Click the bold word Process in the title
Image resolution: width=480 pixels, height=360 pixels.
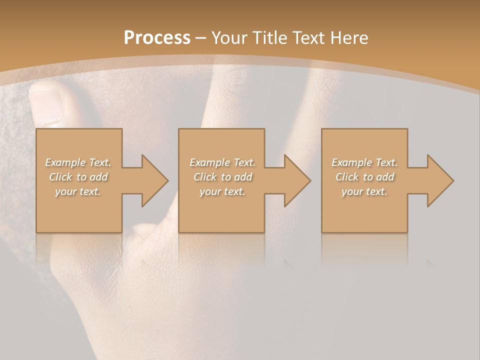[157, 38]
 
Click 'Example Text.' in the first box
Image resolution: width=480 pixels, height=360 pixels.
[78, 162]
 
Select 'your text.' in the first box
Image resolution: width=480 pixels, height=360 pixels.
[78, 191]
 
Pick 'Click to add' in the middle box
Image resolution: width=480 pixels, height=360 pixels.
[222, 177]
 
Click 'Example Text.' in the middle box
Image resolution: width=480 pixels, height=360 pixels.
[222, 162]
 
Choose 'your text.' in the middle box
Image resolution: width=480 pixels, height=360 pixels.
[222, 191]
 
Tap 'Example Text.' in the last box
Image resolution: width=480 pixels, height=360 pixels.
[364, 162]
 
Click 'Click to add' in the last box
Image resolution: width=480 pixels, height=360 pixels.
[364, 177]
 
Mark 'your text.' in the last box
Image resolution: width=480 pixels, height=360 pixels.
[364, 191]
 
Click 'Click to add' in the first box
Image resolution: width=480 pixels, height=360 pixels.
[78, 177]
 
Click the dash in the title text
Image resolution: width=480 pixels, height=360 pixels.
[200, 38]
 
